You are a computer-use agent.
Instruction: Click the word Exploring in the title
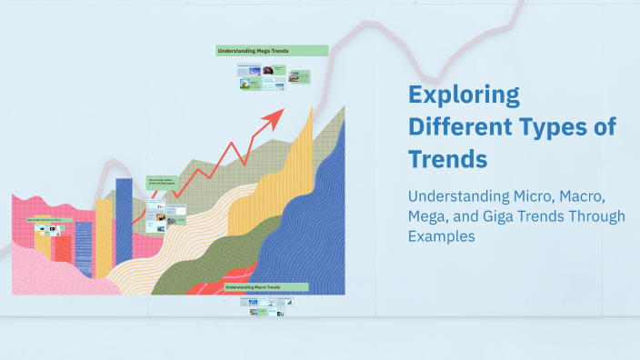click(464, 95)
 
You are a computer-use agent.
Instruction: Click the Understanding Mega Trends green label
click(271, 51)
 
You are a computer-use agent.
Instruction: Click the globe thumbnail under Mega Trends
click(245, 85)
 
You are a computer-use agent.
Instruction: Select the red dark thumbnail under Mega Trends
click(295, 76)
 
